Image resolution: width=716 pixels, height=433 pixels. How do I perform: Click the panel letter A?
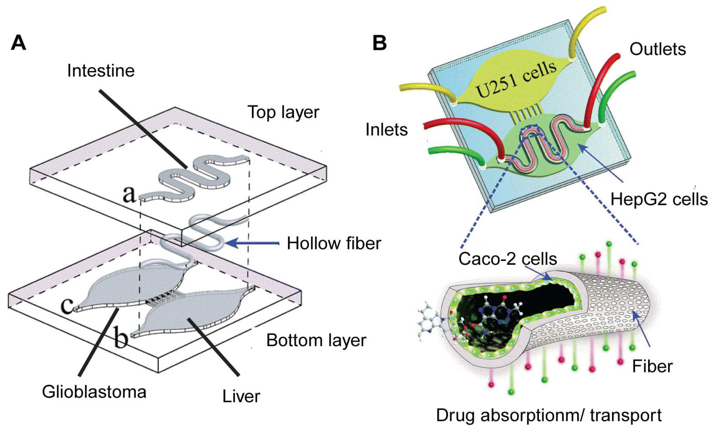click(18, 43)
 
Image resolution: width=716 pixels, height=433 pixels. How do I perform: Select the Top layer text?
click(283, 112)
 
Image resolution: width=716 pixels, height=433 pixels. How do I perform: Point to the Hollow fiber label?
click(334, 243)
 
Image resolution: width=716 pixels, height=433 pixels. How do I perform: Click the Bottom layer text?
click(316, 340)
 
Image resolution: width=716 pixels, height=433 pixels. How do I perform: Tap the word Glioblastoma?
click(94, 392)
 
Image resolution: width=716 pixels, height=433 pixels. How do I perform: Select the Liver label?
click(241, 396)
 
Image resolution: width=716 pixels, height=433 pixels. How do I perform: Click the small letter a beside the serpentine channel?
click(129, 194)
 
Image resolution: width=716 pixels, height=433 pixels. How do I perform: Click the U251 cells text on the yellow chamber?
click(516, 80)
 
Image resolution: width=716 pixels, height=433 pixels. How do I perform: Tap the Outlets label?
click(658, 49)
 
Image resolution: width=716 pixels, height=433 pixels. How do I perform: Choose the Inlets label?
click(387, 129)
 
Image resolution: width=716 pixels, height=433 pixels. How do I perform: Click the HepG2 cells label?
click(659, 199)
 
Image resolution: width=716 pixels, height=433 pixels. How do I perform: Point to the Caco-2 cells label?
click(508, 259)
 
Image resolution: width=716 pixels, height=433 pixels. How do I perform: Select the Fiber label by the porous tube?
click(652, 366)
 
